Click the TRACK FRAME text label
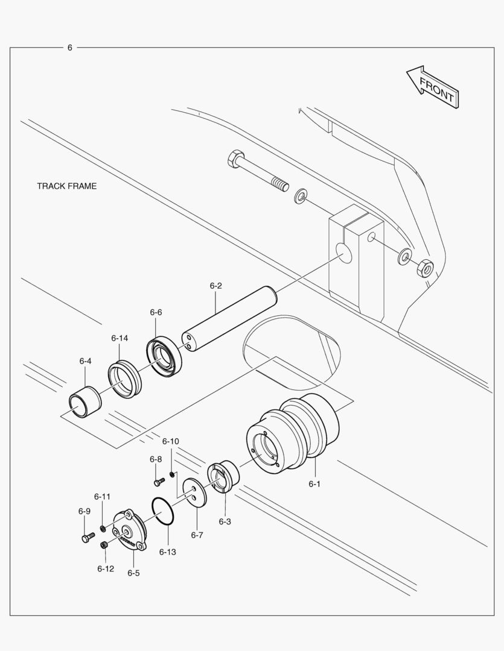coord(66,186)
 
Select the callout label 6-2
coord(216,286)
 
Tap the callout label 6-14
coord(120,338)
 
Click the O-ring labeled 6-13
coord(163,511)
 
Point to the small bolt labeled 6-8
coord(159,482)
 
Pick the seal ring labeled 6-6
coord(164,357)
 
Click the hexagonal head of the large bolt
coord(235,159)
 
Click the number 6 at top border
coord(69,48)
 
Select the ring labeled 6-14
coord(124,379)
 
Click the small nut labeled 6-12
coord(104,545)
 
